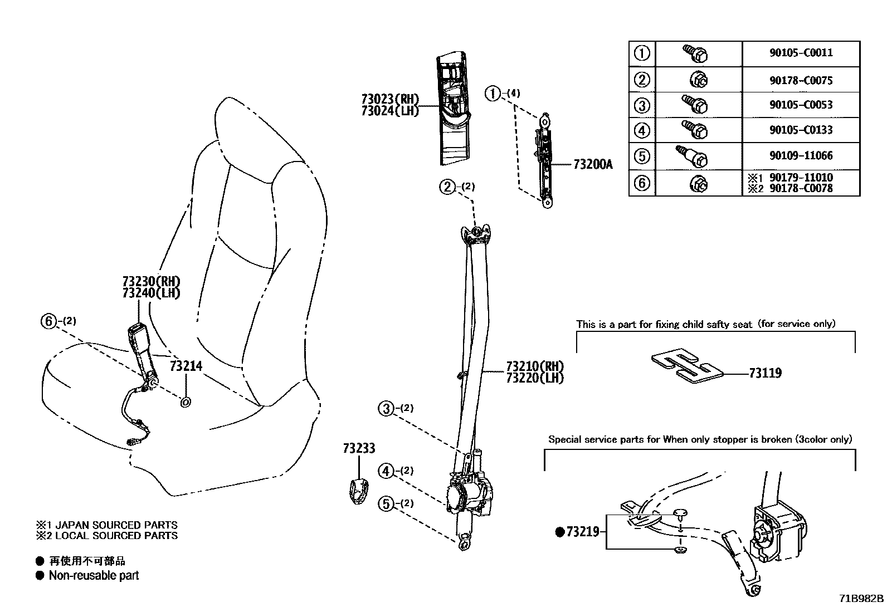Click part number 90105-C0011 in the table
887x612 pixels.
point(801,53)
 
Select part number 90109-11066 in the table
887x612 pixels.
point(801,156)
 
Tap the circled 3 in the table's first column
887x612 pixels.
point(642,105)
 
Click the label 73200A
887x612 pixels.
point(593,165)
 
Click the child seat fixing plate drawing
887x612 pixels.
point(688,366)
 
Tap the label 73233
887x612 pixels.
point(359,449)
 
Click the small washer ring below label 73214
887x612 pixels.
point(186,402)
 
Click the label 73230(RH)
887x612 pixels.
point(152,282)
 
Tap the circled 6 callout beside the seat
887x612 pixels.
point(49,321)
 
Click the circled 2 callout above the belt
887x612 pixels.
point(447,187)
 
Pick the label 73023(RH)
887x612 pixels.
point(389,99)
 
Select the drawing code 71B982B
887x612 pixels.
point(861,599)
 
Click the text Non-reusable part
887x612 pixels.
point(94,576)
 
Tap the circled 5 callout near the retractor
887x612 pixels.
point(386,504)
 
